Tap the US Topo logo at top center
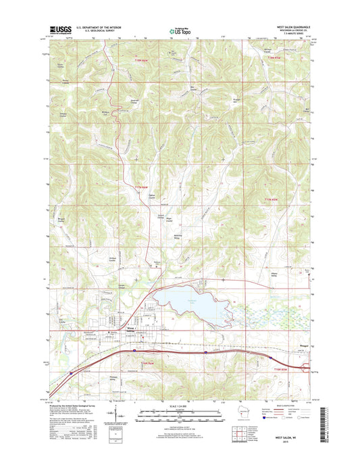coord(179,30)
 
